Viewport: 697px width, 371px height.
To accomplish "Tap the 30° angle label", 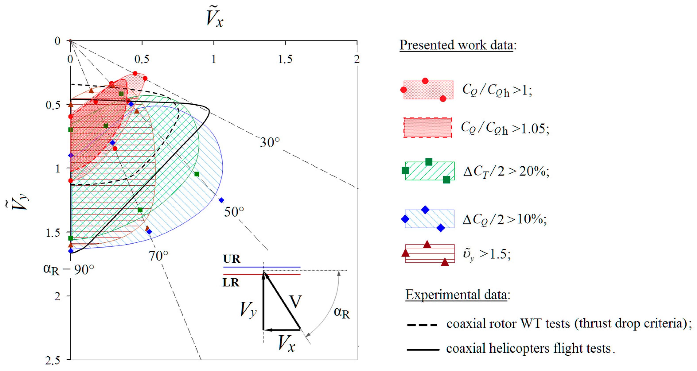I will [270, 143].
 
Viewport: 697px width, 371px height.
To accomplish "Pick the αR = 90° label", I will [69, 269].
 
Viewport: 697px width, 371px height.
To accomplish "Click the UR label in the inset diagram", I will [232, 259].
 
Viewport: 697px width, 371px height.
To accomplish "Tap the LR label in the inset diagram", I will [231, 283].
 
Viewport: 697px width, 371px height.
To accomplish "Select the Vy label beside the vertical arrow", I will [248, 309].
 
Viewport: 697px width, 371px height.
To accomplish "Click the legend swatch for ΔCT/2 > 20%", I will [430, 171].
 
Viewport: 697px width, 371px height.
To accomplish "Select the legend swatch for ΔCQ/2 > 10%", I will [429, 219].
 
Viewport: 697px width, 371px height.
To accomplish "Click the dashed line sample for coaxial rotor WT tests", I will [422, 325].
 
